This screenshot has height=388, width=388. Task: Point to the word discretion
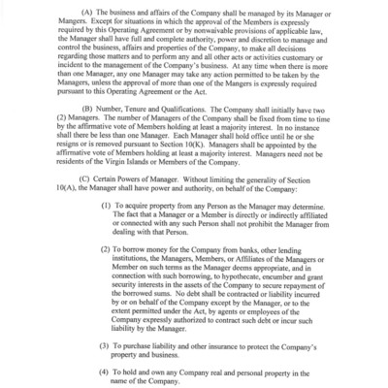[247, 47]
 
